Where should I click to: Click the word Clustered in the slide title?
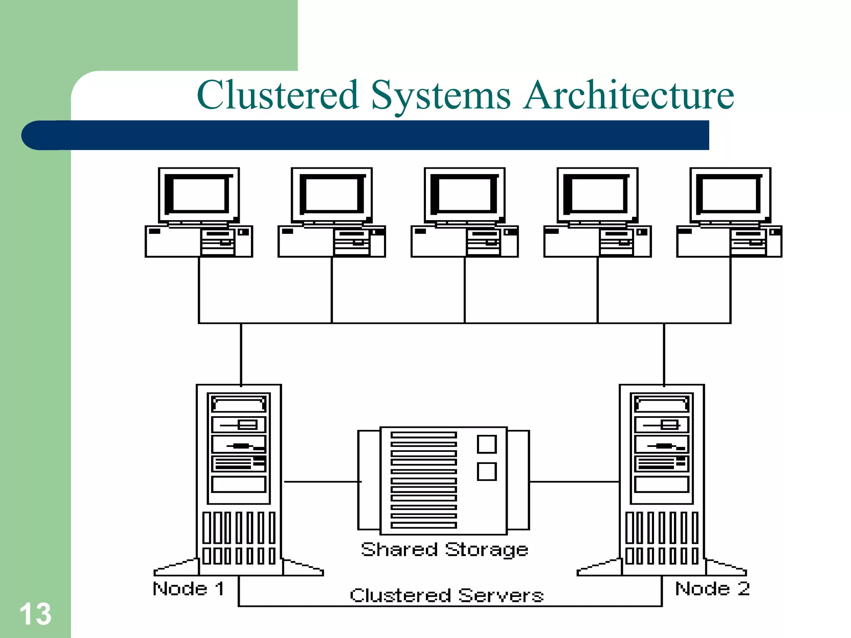pos(278,95)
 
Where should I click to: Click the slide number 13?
pos(35,614)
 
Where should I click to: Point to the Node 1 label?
pos(189,589)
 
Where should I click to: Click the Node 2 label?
pos(712,589)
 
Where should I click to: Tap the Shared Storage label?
pos(445,550)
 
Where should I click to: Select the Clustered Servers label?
pos(447,595)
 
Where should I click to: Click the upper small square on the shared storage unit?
pos(487,444)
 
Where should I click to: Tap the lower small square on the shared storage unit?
pos(487,471)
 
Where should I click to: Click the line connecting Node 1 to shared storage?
pos(322,482)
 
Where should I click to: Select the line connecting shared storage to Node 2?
pos(574,482)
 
